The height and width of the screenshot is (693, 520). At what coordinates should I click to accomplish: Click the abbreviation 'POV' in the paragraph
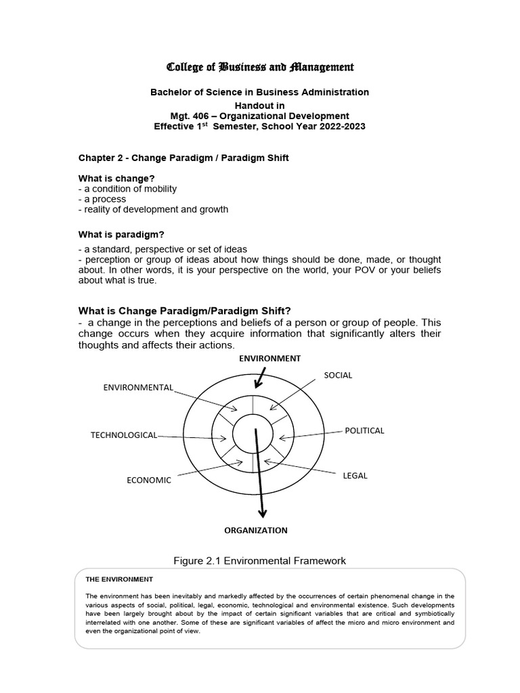point(366,270)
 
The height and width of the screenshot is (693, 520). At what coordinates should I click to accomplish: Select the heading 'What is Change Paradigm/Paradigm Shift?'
point(185,311)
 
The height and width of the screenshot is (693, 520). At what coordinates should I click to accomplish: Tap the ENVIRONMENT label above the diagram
point(269,358)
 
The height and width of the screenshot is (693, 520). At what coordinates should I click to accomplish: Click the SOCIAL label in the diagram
point(338,375)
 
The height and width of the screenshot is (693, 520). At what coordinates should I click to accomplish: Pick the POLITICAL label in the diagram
point(364,430)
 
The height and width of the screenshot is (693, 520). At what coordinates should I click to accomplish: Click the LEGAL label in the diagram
point(355,476)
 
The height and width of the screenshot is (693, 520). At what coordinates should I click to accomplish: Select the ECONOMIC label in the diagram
point(149,480)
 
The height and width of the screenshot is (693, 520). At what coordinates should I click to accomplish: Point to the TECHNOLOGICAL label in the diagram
point(123,435)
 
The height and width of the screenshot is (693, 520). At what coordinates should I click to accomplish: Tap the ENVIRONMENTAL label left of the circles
point(138,388)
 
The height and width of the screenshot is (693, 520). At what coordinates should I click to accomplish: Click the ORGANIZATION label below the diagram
point(256,531)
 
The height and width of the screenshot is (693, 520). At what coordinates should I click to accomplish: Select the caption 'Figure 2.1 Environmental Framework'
point(260,561)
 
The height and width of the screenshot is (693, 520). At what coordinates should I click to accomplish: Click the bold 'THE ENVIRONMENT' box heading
point(119,579)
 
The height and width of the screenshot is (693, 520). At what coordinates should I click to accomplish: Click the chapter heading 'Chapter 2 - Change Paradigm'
point(186,158)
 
